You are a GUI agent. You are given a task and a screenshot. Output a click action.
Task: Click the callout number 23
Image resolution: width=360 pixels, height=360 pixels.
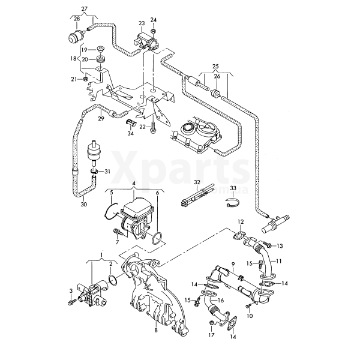(142, 23)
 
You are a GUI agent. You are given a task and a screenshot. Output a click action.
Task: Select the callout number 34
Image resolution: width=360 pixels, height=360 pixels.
(130, 133)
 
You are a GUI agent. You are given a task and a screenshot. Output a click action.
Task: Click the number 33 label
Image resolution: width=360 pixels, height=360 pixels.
(233, 188)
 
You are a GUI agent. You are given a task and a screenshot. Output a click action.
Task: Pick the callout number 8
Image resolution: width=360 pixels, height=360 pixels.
(156, 330)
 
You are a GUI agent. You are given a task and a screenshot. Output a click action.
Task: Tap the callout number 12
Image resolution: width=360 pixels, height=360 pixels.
(241, 223)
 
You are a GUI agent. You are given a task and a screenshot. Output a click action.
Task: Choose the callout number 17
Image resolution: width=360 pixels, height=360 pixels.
(211, 335)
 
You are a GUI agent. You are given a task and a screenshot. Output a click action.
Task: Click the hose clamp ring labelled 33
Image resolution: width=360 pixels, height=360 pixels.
(234, 203)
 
